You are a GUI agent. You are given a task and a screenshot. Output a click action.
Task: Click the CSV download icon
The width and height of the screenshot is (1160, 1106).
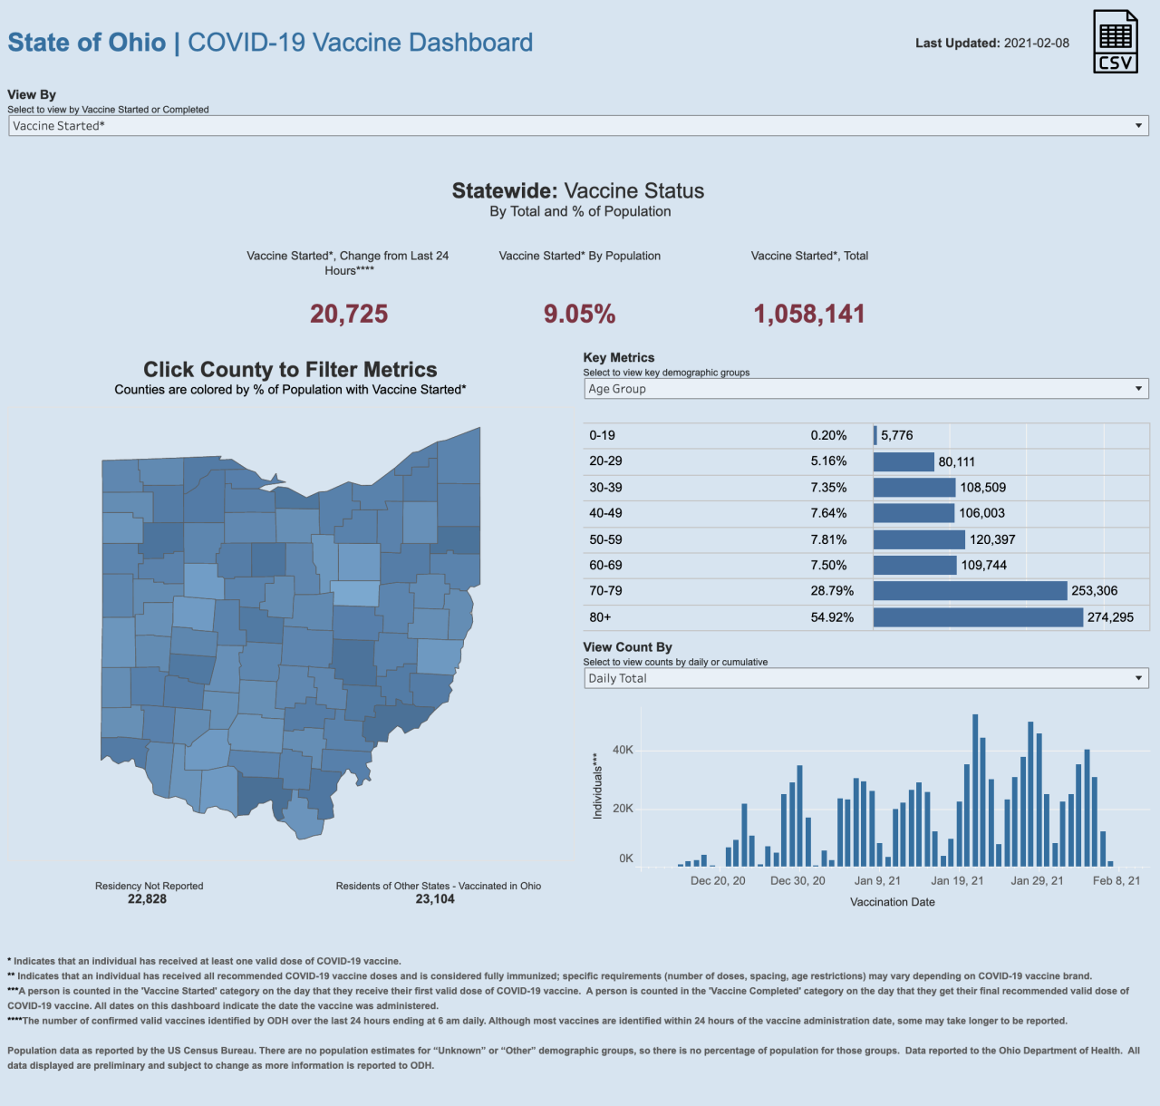tap(1115, 41)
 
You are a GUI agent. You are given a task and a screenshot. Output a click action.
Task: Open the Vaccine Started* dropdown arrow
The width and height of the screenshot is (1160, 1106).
tap(1139, 126)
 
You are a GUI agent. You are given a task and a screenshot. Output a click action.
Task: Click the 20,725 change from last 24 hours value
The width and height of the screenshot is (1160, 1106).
tap(349, 314)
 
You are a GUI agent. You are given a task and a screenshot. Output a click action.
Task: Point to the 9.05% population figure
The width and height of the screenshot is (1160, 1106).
tap(579, 315)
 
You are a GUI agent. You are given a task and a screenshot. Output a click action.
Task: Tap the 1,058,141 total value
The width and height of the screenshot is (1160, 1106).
tap(809, 315)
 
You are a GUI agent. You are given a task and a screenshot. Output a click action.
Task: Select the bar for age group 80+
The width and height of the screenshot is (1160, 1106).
tap(978, 617)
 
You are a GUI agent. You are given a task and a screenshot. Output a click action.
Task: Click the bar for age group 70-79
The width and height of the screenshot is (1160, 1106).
tap(970, 591)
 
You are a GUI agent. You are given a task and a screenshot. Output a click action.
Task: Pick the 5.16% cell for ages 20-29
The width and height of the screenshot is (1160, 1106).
tap(828, 461)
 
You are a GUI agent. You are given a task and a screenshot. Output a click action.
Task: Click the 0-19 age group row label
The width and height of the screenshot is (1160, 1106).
tap(602, 435)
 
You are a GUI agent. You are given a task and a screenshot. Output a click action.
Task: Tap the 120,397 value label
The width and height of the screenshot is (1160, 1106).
tap(992, 539)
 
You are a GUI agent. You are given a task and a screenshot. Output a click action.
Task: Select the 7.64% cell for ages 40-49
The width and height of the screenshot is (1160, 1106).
tap(828, 513)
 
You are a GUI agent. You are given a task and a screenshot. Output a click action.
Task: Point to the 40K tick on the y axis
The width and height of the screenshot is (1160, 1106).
tap(623, 750)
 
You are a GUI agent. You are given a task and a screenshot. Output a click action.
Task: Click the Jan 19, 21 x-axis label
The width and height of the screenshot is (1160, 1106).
tap(957, 880)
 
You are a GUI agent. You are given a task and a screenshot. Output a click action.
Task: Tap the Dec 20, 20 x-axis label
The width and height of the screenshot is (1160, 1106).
tap(718, 880)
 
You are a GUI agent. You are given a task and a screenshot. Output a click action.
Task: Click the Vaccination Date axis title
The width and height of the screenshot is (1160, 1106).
tap(892, 902)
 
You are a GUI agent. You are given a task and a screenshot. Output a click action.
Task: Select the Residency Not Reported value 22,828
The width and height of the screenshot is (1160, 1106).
tap(147, 899)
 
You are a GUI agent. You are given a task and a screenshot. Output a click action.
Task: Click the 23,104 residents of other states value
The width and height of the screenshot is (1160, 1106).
tap(435, 899)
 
